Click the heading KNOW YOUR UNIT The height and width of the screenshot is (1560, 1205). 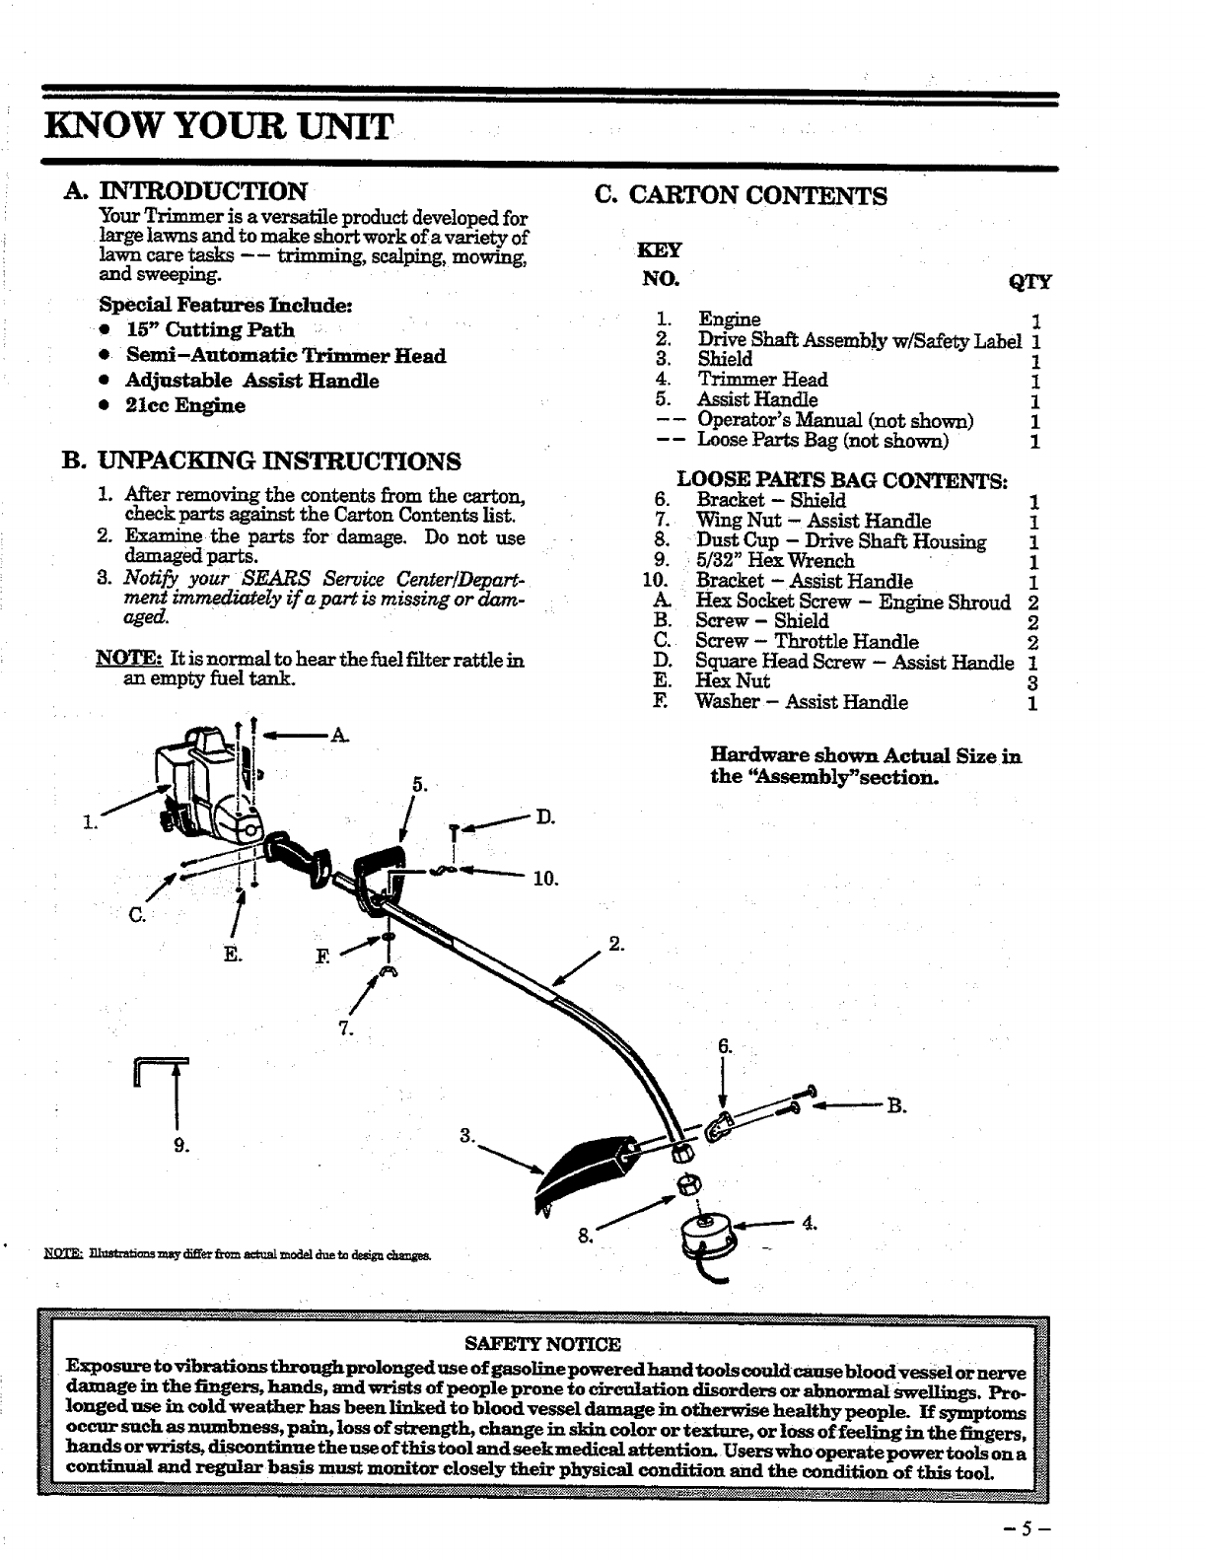point(219,130)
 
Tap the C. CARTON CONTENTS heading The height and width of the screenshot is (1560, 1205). point(743,195)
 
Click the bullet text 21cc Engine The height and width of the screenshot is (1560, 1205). point(185,405)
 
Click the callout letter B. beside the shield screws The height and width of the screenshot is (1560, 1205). point(895,1106)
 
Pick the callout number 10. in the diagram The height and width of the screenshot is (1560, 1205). point(545,879)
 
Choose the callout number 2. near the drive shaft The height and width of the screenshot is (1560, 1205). point(616,945)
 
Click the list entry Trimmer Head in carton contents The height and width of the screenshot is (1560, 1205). point(762,380)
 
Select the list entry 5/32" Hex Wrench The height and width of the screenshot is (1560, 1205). point(775,561)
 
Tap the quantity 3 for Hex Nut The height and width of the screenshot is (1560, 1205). point(1031,681)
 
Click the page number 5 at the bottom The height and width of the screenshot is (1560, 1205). point(1026,1527)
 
